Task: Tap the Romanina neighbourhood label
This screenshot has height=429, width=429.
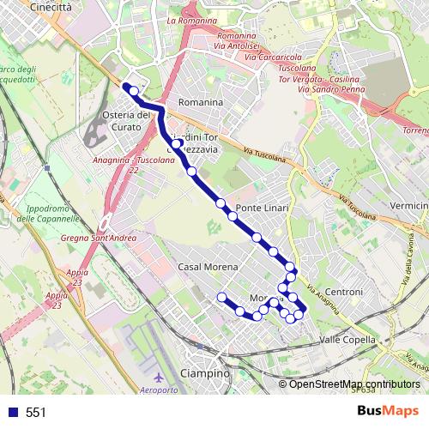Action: pos(200,102)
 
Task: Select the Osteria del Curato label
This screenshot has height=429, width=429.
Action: pos(126,121)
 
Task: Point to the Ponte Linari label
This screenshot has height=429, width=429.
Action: pos(263,208)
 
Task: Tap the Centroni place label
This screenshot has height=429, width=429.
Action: pos(345,293)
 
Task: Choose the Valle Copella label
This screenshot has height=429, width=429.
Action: pos(347,340)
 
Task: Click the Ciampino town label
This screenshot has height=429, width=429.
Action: pos(207,374)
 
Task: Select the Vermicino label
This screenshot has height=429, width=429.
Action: pos(408,206)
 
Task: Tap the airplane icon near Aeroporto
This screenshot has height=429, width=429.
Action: pos(157,378)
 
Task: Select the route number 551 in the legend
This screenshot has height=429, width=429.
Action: pos(36,413)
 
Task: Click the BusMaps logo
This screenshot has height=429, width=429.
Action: pos(388,412)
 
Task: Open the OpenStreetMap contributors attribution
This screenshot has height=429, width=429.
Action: pos(354,384)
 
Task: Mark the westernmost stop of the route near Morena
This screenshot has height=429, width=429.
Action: pos(223,297)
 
